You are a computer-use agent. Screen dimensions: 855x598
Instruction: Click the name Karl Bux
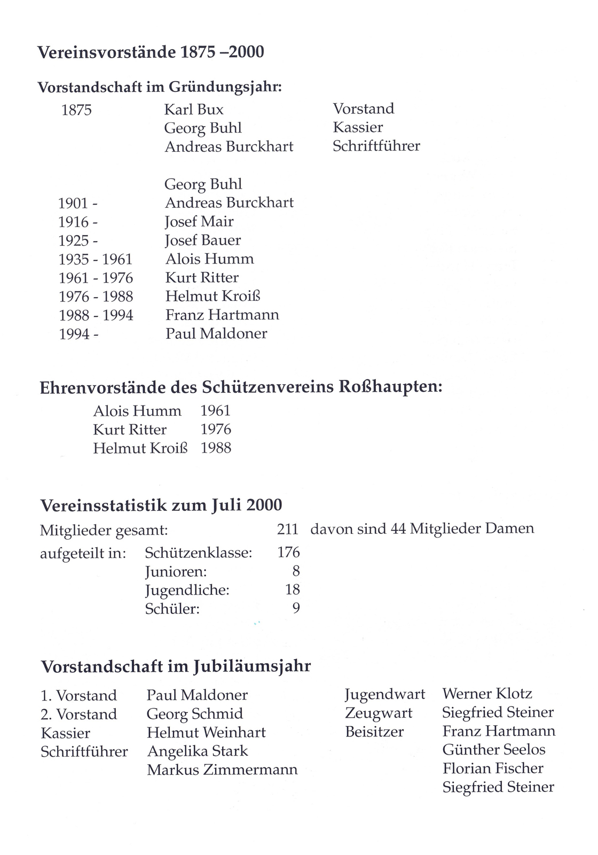tap(194, 110)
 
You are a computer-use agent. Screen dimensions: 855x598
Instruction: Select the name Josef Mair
tap(199, 221)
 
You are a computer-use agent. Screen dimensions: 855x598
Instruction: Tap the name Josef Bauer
tap(203, 240)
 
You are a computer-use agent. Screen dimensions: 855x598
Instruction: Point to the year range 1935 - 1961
tap(96, 259)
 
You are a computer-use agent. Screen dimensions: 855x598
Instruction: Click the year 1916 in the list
tap(74, 222)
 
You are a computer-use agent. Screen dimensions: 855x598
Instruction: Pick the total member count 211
tap(287, 529)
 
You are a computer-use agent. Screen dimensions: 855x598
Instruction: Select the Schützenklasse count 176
tap(288, 552)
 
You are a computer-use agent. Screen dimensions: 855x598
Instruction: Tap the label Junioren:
tap(176, 572)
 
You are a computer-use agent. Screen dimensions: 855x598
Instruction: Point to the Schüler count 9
tap(296, 608)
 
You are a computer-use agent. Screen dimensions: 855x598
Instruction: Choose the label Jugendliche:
tap(187, 590)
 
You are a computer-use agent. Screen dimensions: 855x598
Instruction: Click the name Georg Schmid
tap(195, 713)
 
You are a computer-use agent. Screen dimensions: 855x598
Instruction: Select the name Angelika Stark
tap(198, 751)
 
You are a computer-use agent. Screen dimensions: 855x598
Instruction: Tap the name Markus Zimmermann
tap(222, 770)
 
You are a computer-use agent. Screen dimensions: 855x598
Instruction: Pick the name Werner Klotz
tap(487, 694)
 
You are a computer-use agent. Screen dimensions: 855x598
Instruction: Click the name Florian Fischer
tap(493, 768)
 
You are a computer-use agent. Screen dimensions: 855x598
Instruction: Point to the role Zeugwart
tap(379, 713)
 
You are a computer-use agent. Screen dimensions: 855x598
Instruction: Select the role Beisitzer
tap(374, 732)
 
